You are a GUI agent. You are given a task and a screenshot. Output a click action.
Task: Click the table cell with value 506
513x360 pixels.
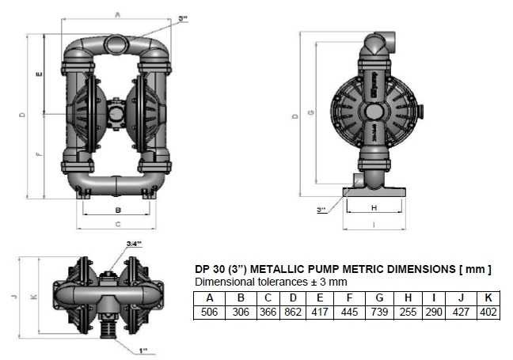tap(210, 313)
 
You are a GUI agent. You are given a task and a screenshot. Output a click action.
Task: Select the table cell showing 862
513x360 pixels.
tap(293, 313)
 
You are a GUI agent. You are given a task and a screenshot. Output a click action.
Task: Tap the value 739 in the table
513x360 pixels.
tap(380, 313)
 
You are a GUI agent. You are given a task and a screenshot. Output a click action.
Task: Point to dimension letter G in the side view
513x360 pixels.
tap(311, 112)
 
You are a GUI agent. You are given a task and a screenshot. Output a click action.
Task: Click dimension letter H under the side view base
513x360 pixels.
tap(374, 207)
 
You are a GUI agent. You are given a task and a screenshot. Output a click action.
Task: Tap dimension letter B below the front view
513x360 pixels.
tap(117, 210)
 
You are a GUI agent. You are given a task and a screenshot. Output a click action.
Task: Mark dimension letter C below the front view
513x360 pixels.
tap(117, 225)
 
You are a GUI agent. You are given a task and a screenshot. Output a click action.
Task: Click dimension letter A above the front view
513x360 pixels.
tap(117, 13)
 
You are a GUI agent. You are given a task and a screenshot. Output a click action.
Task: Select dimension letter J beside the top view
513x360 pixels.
tap(13, 297)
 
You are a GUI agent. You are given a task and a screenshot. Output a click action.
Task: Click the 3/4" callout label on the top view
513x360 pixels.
tap(134, 244)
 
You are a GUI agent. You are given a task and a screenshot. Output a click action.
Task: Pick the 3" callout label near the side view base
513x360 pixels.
tap(321, 210)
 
